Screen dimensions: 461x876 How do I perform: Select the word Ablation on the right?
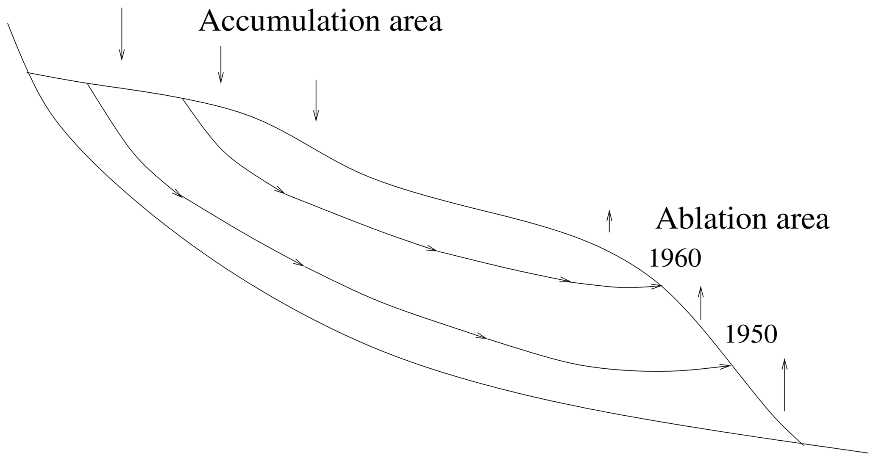coord(703,219)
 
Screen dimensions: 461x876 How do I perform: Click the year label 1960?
coord(675,258)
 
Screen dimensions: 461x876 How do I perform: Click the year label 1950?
coord(751,334)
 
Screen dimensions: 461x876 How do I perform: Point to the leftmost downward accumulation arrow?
coord(122,34)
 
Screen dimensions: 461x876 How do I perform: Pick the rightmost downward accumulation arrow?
coord(316,100)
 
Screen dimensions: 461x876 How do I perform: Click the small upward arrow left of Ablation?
coord(609,221)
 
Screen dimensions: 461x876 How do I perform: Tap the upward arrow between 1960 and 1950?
coord(701,303)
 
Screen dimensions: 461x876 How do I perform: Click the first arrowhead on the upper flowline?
coord(280,191)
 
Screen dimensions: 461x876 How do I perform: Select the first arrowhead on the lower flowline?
coord(178,194)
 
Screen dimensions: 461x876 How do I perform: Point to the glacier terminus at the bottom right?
coord(802,444)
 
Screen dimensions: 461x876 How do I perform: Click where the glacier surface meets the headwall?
coord(28,73)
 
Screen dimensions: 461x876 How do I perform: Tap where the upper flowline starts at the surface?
coord(183,99)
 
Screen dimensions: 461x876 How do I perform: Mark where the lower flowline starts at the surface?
coord(87,83)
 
